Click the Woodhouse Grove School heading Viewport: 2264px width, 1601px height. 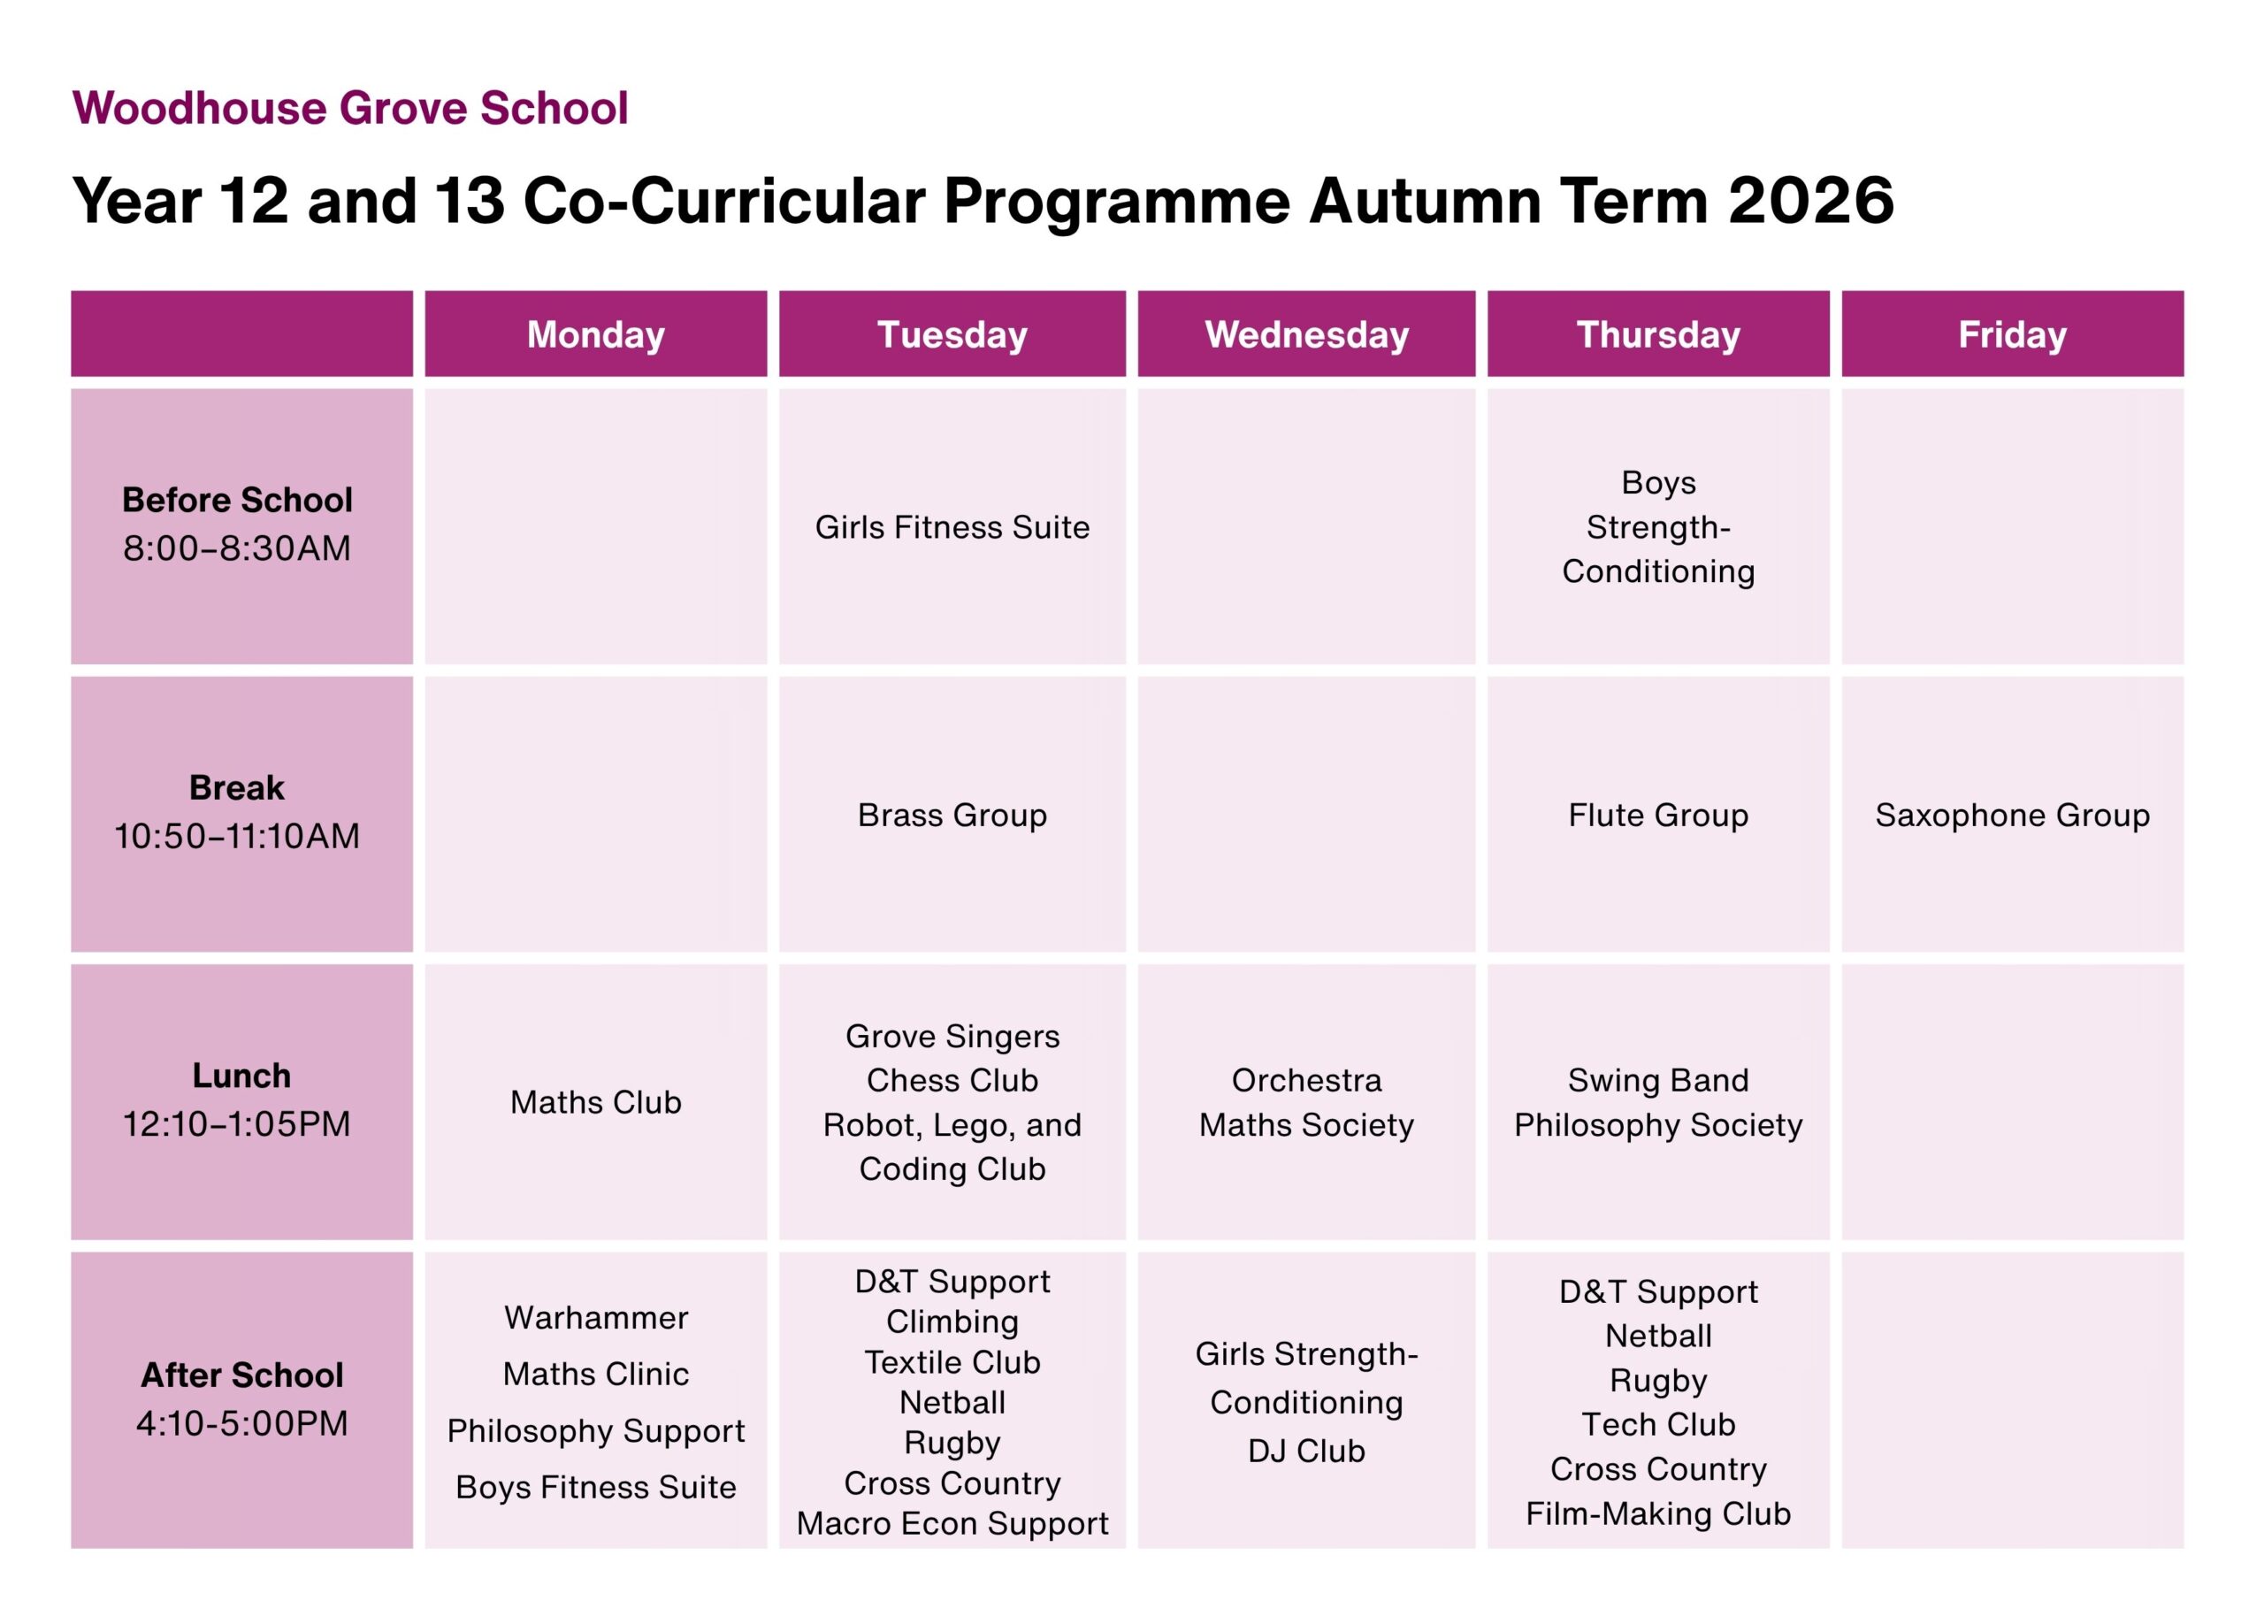tap(350, 108)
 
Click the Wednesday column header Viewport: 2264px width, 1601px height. tap(1306, 334)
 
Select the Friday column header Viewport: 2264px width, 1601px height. tap(2013, 334)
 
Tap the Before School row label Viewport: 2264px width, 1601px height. tap(237, 500)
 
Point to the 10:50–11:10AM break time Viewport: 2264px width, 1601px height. tap(237, 837)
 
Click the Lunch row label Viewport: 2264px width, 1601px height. tap(241, 1076)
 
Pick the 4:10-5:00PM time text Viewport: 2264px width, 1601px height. tap(241, 1423)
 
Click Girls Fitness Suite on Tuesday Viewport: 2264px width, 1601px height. tap(952, 528)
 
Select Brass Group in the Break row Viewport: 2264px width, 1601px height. tap(952, 816)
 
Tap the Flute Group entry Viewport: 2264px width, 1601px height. tap(1658, 816)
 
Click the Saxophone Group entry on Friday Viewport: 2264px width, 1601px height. tap(2013, 816)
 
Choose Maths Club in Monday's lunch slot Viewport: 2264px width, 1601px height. tap(595, 1102)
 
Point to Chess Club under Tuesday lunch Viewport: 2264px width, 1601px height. tap(952, 1080)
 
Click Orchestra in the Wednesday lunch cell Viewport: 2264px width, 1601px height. tap(1306, 1080)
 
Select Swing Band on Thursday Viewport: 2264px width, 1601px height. tap(1658, 1080)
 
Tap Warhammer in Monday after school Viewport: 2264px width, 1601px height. tap(595, 1318)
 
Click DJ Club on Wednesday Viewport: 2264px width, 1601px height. tap(1306, 1451)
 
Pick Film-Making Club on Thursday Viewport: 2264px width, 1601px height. tap(1658, 1513)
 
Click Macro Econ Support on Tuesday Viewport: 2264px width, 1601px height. tap(952, 1524)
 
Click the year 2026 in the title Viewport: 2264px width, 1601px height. tap(1811, 202)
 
